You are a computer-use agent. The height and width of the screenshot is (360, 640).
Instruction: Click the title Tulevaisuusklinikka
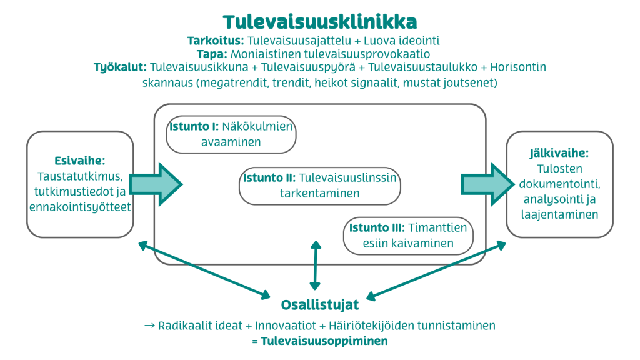[320, 22]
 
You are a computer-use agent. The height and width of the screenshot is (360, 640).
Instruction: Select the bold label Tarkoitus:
[216, 41]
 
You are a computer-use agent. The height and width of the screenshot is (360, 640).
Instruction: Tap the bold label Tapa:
[212, 54]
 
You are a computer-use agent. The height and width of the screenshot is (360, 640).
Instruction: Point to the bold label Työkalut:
[120, 67]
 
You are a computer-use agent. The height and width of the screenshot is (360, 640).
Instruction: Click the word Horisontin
[518, 67]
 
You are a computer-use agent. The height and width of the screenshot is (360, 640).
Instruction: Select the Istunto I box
[231, 134]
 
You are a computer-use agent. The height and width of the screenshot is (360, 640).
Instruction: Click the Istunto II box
[320, 186]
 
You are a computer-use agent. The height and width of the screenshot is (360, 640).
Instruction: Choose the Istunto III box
[408, 236]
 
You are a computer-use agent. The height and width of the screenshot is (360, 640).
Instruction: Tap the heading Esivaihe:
[80, 161]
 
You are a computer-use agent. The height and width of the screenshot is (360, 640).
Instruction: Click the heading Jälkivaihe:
[559, 153]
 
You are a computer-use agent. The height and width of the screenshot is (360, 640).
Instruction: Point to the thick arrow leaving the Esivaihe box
[156, 184]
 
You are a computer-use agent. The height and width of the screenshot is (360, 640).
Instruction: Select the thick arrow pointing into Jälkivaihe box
[487, 184]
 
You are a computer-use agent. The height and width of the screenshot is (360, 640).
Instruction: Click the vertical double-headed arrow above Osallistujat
[316, 265]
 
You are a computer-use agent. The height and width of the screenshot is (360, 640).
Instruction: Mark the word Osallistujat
[320, 305]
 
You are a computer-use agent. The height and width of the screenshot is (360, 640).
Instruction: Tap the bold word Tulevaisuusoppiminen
[324, 341]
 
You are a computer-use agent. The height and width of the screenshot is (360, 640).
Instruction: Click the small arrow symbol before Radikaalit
[149, 326]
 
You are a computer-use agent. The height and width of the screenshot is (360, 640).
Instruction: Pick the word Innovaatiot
[286, 326]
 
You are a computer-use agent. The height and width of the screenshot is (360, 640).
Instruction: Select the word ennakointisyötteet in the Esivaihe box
[80, 207]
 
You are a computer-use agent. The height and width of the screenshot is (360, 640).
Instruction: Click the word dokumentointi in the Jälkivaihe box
[559, 184]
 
